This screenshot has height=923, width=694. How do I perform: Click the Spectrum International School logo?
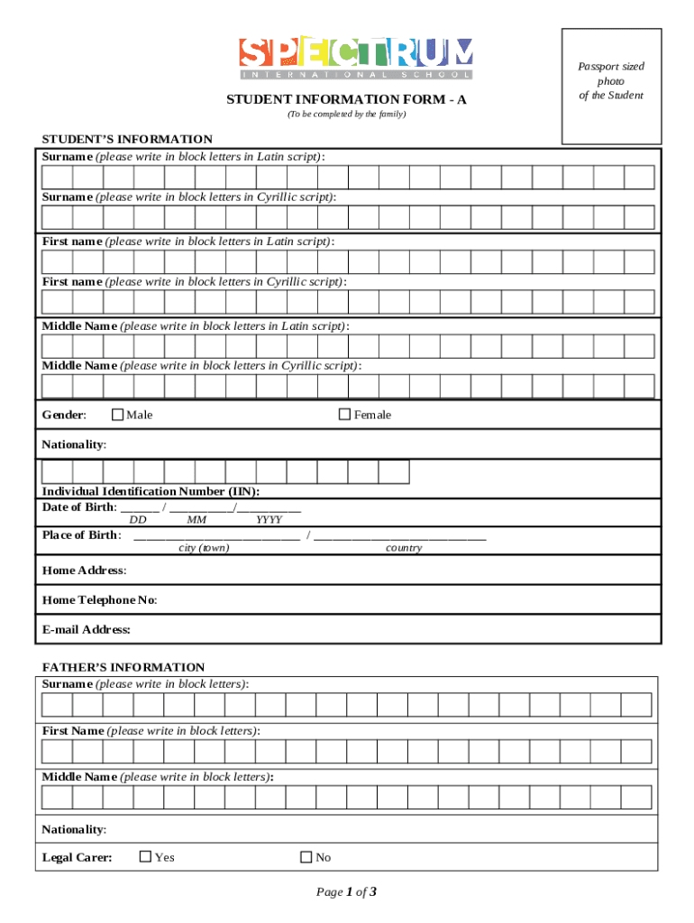pyautogui.click(x=355, y=59)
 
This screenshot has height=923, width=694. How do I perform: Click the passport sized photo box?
pyautogui.click(x=611, y=87)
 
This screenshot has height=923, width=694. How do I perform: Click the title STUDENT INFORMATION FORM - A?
pyautogui.click(x=346, y=99)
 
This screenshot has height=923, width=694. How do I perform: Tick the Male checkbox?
pyautogui.click(x=117, y=415)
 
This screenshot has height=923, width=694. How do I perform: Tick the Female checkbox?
pyautogui.click(x=344, y=415)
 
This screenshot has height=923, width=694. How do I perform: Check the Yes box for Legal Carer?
pyautogui.click(x=145, y=857)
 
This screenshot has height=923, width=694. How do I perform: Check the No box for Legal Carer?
pyautogui.click(x=306, y=857)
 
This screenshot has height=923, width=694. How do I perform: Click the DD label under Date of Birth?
pyautogui.click(x=138, y=520)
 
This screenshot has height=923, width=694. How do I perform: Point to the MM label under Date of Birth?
pyautogui.click(x=196, y=520)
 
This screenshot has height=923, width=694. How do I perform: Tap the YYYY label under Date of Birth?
pyautogui.click(x=269, y=520)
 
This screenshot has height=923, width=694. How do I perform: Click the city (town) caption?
pyautogui.click(x=204, y=548)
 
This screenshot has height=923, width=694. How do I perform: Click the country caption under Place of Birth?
pyautogui.click(x=403, y=548)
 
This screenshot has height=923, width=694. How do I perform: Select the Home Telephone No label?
pyautogui.click(x=99, y=600)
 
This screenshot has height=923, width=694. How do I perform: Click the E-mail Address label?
pyautogui.click(x=87, y=629)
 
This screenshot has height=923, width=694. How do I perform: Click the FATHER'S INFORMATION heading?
pyautogui.click(x=123, y=667)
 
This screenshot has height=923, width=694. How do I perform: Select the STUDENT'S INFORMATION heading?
pyautogui.click(x=127, y=139)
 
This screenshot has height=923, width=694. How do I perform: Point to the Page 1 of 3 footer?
pyautogui.click(x=346, y=892)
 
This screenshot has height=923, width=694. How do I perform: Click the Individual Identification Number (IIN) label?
pyautogui.click(x=151, y=491)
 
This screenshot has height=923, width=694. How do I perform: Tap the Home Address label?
pyautogui.click(x=84, y=571)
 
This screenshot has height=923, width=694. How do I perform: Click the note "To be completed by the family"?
pyautogui.click(x=346, y=114)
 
